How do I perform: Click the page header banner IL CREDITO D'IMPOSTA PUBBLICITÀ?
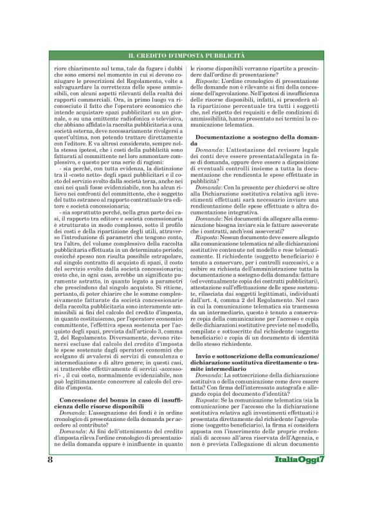186,57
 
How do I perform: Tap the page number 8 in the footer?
50,497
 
